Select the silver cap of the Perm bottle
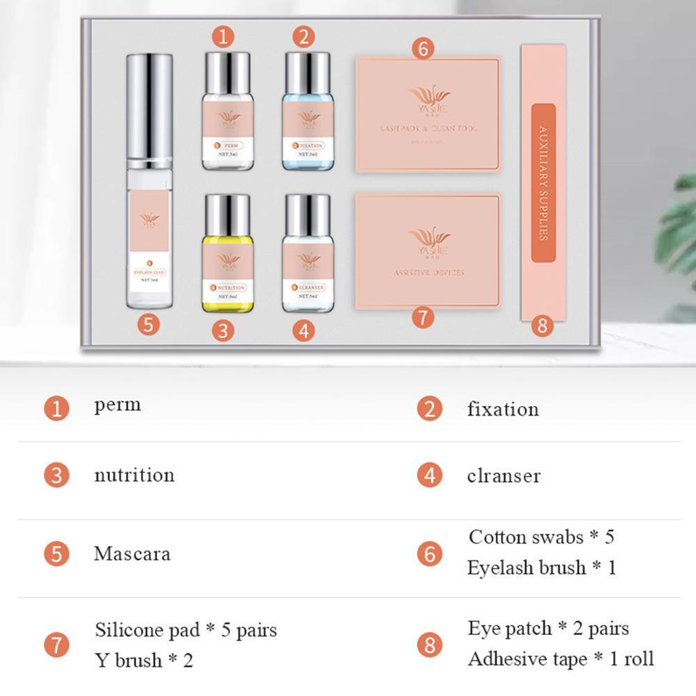[227, 72]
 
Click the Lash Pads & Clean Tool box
[428, 115]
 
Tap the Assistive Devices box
[428, 250]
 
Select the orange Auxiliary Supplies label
[543, 183]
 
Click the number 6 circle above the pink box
[423, 49]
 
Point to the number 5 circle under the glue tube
[148, 324]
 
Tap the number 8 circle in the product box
[542, 325]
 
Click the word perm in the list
[118, 405]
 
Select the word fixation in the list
[503, 408]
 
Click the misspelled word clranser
[503, 476]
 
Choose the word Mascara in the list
[132, 554]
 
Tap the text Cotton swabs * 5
[541, 537]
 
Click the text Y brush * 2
[144, 660]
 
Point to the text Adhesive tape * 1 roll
[560, 658]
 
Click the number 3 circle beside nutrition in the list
[56, 476]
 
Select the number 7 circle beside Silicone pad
[56, 645]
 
